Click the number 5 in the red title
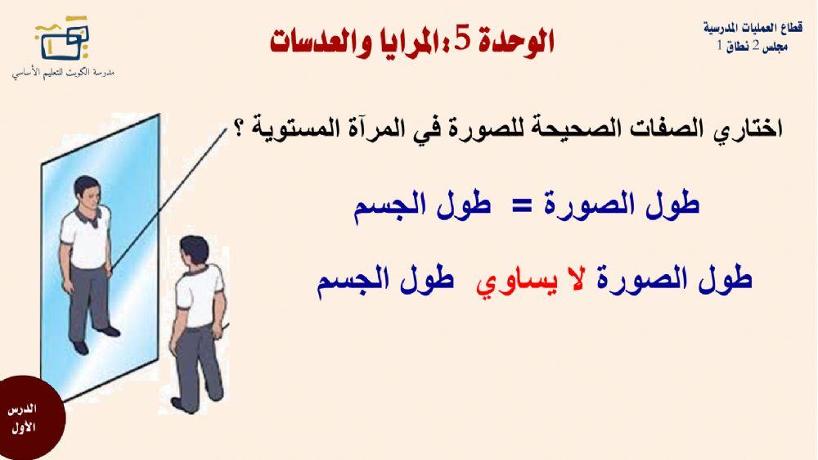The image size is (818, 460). point(462,40)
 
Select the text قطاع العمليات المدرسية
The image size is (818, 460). point(752,26)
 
